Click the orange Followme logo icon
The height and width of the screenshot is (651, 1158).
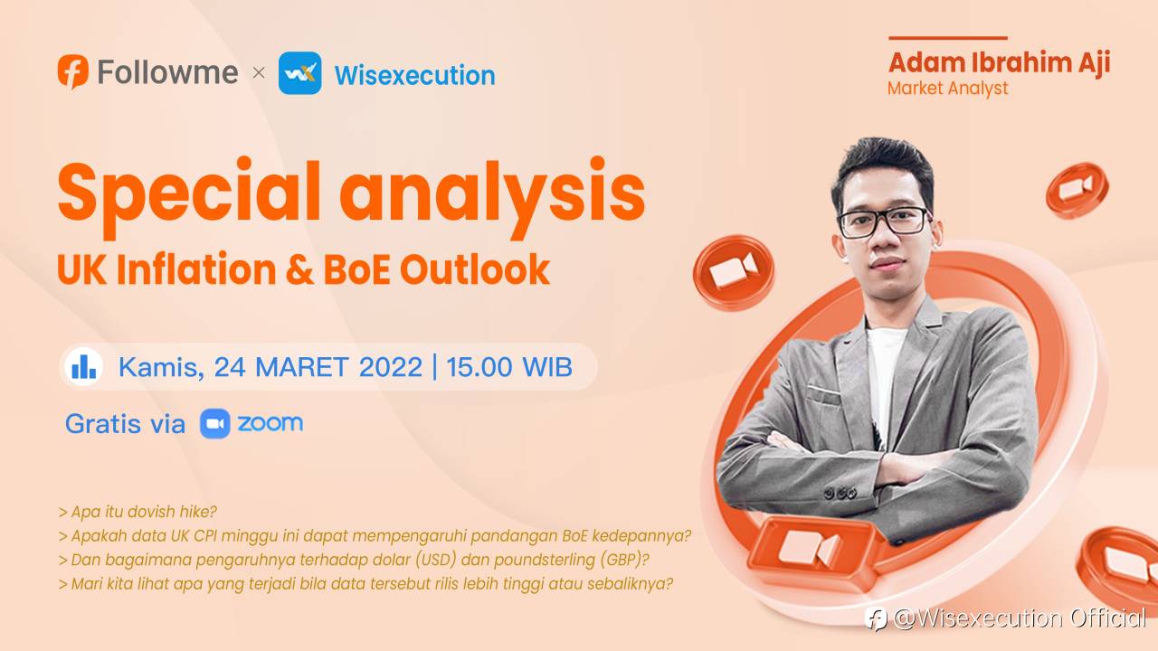(73, 71)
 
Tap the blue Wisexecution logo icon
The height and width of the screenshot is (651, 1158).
(299, 73)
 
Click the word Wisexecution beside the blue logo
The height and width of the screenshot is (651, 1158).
(414, 75)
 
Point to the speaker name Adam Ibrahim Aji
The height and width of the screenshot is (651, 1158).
(1000, 63)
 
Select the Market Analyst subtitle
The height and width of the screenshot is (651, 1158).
(947, 89)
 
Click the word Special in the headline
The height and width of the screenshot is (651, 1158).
(189, 194)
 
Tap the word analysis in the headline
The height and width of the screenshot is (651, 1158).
(492, 194)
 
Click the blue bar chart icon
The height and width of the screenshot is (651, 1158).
(84, 366)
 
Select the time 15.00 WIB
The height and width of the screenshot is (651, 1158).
(509, 367)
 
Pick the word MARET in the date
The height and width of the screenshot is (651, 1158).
(302, 367)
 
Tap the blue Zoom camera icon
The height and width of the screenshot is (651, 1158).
(215, 424)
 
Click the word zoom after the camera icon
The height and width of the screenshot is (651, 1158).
(270, 423)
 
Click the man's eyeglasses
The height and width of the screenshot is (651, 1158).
(885, 222)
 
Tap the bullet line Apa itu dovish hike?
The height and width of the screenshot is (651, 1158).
(138, 512)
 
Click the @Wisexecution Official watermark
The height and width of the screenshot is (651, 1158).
(1005, 618)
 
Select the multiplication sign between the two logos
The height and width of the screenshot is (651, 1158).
(259, 72)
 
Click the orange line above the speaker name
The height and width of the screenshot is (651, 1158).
(948, 38)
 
